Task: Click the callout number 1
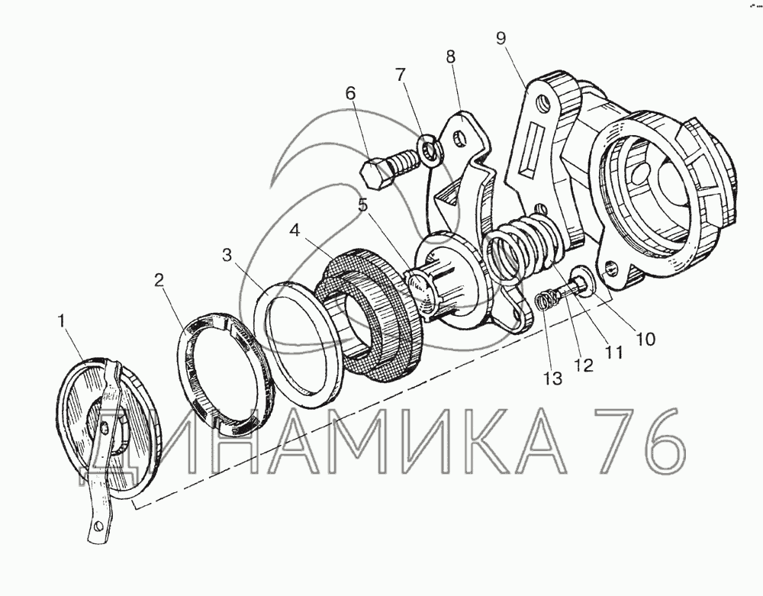coord(61,321)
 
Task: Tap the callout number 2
coord(159,280)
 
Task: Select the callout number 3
coord(227,256)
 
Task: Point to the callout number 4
coord(295,230)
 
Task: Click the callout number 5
coord(363,205)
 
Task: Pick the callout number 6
coord(351,93)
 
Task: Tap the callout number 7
coord(400,75)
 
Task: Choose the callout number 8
coord(451,56)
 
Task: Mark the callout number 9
coord(502,38)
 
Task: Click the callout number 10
coord(645,339)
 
